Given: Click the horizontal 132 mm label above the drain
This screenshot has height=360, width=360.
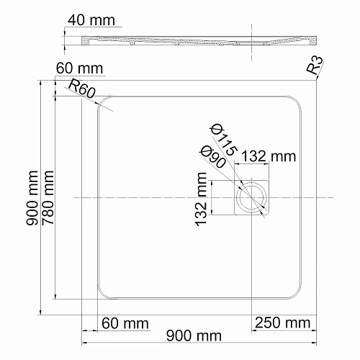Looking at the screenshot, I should click(267, 156).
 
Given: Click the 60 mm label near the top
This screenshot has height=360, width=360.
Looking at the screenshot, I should click(79, 69).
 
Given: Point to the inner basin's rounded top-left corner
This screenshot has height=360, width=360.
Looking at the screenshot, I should click(103, 102).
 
